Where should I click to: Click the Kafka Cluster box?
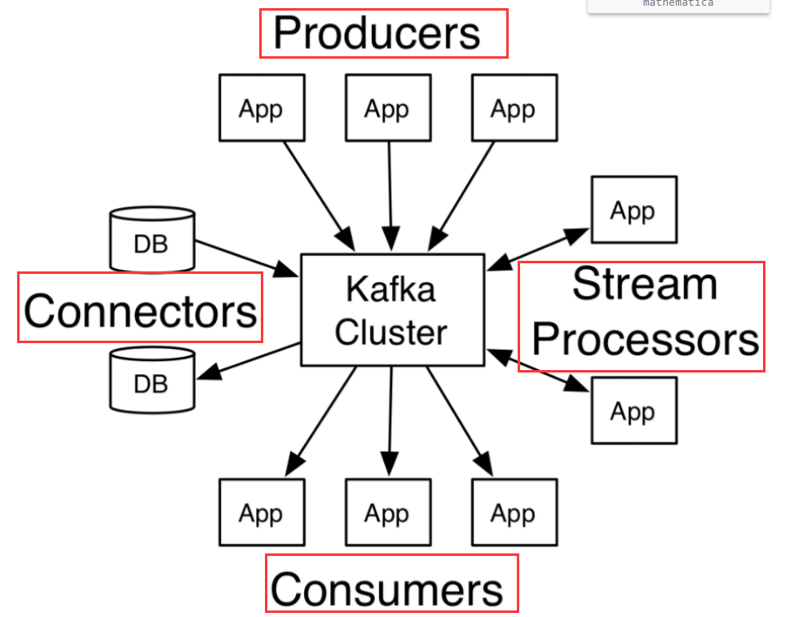tap(391, 310)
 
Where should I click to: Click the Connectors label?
tap(140, 311)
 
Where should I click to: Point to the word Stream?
tap(644, 284)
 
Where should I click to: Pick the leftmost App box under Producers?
tap(261, 108)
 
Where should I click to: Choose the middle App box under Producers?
tap(387, 108)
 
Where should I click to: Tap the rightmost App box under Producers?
tap(514, 108)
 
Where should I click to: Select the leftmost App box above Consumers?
tap(261, 513)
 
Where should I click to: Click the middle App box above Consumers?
tap(387, 513)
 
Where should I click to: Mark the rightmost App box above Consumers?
tap(514, 513)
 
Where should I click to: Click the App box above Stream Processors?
tap(633, 210)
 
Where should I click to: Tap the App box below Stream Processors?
tap(633, 411)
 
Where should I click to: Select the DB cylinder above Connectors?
tap(152, 240)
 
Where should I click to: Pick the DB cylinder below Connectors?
tap(152, 379)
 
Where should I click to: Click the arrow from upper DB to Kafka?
tap(245, 258)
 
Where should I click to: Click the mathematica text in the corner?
tap(677, 4)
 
